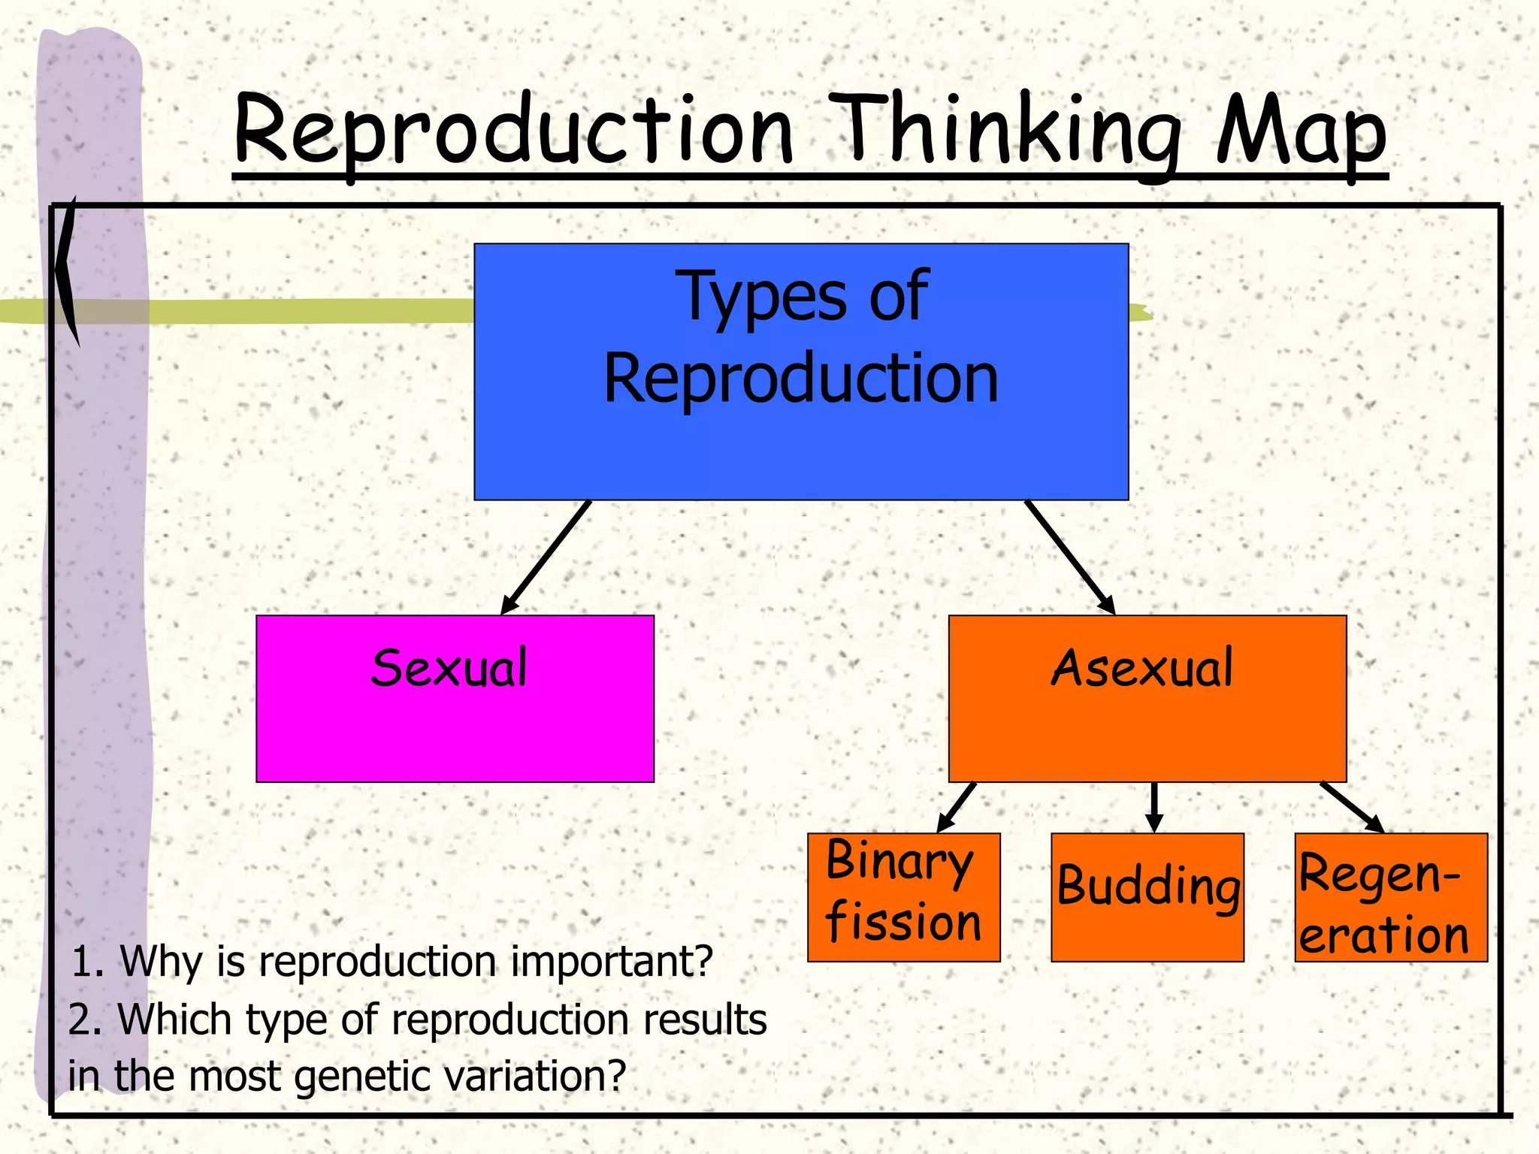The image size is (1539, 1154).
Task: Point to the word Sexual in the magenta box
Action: tap(449, 668)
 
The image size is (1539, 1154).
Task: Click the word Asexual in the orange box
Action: tap(1141, 668)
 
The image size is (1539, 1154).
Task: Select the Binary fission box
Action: tap(903, 896)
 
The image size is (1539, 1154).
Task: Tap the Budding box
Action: tap(1147, 896)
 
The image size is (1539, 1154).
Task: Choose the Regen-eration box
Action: tap(1391, 896)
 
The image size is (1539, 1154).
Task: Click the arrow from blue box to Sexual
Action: tap(546, 557)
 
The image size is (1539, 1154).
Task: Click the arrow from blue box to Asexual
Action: tap(1069, 557)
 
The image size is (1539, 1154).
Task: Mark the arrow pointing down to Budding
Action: tap(1154, 807)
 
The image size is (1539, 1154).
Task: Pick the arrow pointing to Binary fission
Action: tap(957, 807)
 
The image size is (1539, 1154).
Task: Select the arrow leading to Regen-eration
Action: tap(1352, 807)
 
